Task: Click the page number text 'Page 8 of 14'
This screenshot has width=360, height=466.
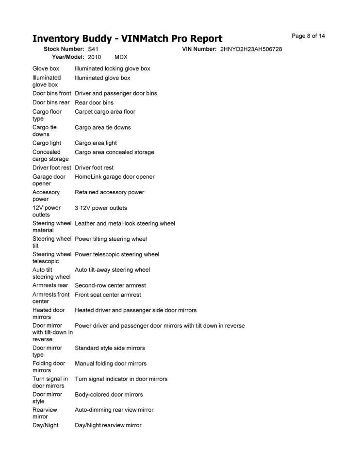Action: tap(308, 36)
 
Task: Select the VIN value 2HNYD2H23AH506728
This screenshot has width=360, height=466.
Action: tap(251, 49)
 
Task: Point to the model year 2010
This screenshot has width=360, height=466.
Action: tap(95, 57)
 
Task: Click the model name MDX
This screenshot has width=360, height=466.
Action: tap(121, 57)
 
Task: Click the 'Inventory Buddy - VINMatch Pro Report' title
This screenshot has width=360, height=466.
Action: tap(127, 39)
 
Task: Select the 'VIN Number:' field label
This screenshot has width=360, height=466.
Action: tap(199, 49)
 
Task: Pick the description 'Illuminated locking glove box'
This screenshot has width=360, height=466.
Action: tap(112, 69)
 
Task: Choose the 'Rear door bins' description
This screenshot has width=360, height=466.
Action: tap(94, 102)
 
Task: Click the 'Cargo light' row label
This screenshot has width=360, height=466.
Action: tap(47, 143)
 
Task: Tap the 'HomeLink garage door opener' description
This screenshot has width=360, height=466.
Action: tap(115, 177)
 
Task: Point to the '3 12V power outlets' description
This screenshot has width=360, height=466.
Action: tap(100, 208)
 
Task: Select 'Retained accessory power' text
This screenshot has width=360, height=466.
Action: tap(109, 192)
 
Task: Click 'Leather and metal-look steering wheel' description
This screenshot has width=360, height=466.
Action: tap(125, 223)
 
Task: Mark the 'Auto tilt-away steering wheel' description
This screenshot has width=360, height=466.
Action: tap(112, 270)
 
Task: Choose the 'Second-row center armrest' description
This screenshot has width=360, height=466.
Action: tap(110, 285)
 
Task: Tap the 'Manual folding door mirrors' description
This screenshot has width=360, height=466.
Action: tap(111, 364)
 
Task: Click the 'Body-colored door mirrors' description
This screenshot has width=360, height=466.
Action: tap(109, 395)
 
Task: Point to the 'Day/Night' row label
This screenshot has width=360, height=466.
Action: tap(46, 425)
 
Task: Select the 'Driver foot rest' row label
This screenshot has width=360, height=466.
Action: tap(52, 167)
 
